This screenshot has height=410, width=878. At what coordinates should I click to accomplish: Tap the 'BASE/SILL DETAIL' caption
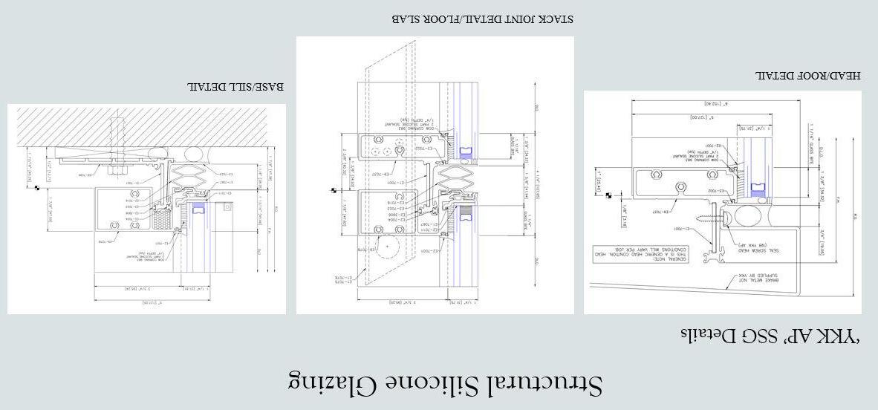point(235,88)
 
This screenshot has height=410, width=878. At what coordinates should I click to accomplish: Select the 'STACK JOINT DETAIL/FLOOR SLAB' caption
point(482,19)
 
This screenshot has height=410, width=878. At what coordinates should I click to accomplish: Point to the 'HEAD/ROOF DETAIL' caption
point(807,76)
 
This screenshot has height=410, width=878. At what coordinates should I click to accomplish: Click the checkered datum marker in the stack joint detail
point(334,192)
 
